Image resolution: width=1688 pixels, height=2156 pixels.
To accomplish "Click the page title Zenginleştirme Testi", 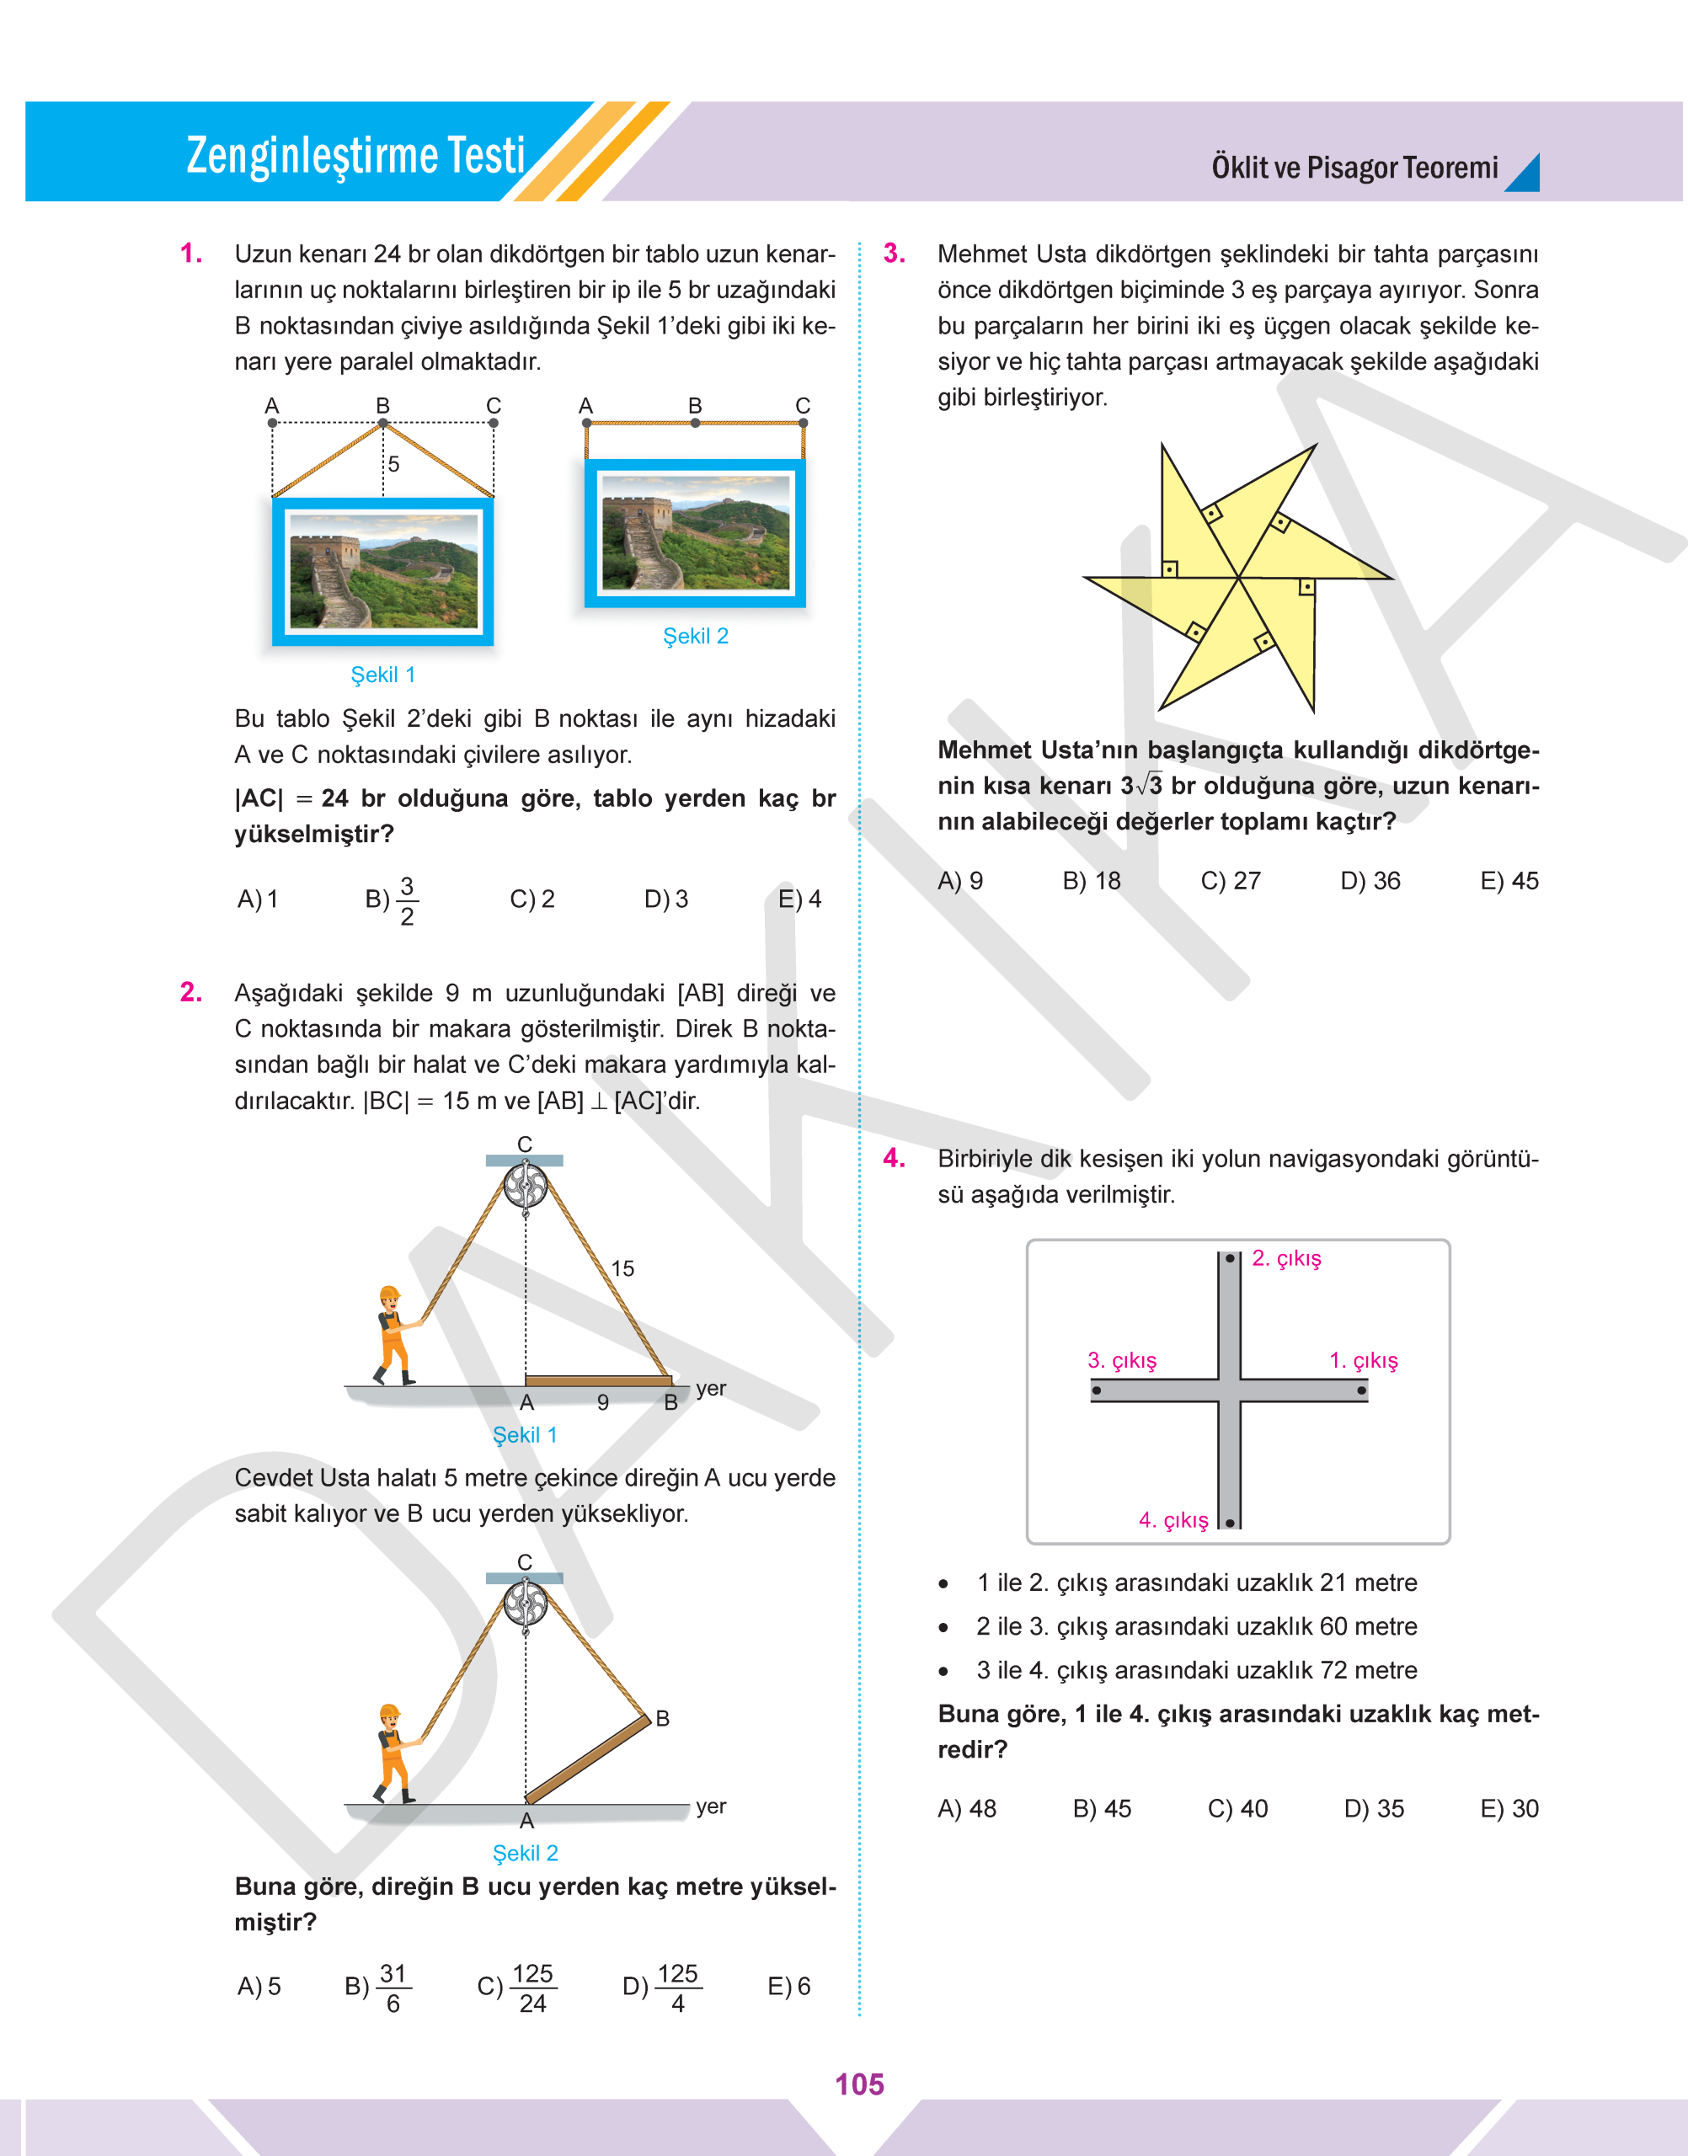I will tap(355, 156).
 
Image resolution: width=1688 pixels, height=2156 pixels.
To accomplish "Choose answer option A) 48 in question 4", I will tap(966, 1808).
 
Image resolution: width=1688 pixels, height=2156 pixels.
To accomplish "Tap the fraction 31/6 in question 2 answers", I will tap(393, 1987).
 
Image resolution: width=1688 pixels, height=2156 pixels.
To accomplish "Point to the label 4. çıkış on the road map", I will tap(1173, 1519).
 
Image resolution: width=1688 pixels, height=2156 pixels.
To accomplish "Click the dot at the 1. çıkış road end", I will tap(1362, 1390).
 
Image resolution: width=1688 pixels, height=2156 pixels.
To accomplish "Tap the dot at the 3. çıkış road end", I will tap(1096, 1390).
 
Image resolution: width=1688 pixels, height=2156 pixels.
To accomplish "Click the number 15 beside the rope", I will tap(622, 1268).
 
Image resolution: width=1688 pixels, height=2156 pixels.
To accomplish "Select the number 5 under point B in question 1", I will tap(393, 463).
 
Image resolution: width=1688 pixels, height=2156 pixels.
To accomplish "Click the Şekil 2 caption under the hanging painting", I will tap(695, 635).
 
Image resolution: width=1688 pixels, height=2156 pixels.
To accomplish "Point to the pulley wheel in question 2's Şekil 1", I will tap(525, 1185).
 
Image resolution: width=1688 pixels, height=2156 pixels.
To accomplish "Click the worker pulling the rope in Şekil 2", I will tap(393, 1752).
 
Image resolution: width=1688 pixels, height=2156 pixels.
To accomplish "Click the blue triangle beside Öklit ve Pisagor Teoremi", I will tap(1523, 173).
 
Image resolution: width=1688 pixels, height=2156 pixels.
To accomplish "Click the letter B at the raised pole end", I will tap(662, 1718).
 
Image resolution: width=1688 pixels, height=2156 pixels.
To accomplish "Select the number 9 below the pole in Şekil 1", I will tap(603, 1402).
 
